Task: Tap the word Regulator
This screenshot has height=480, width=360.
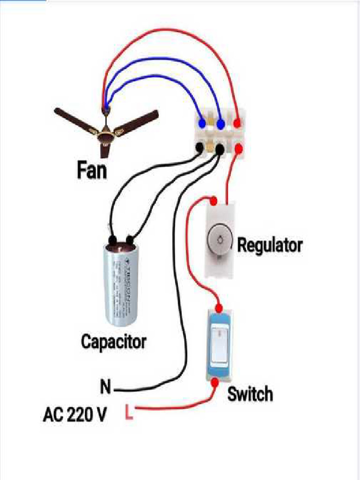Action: (269, 245)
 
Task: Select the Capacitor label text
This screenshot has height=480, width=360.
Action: (113, 341)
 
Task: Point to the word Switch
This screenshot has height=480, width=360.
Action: (250, 394)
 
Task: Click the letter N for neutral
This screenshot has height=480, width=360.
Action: (106, 388)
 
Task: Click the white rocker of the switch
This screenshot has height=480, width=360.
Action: (219, 345)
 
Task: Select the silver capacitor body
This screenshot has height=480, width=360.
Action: (120, 286)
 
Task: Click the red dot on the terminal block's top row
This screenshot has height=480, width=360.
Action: (238, 124)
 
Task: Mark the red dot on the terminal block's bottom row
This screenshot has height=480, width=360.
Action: (238, 149)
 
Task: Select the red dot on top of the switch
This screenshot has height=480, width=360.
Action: (218, 308)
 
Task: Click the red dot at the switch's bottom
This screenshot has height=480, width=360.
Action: (215, 382)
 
